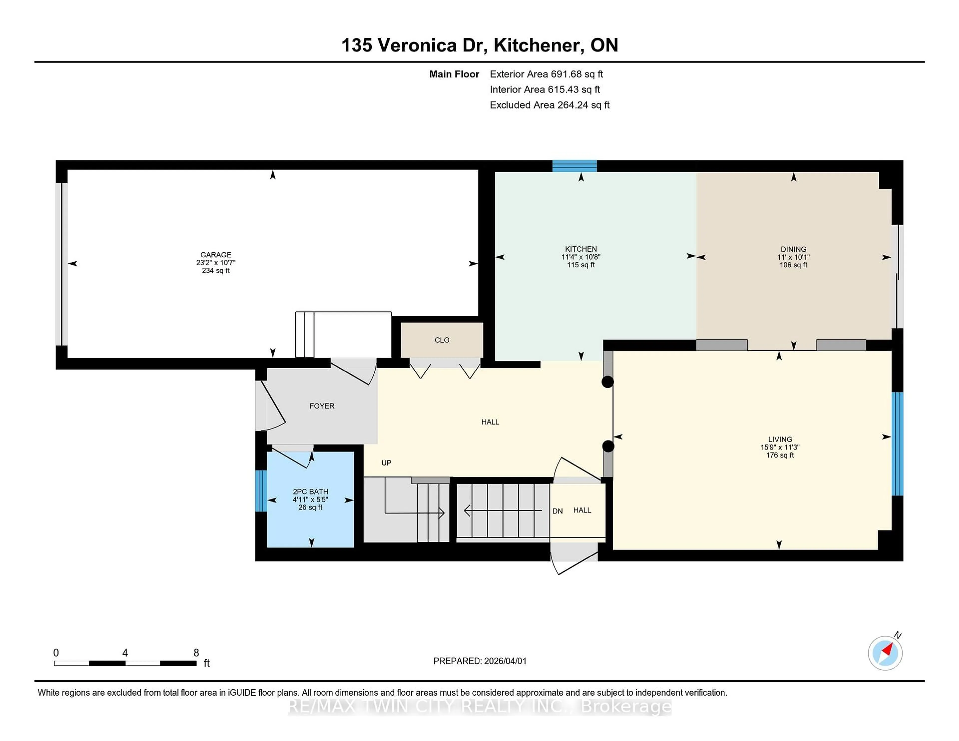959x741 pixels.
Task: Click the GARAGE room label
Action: pyautogui.click(x=216, y=255)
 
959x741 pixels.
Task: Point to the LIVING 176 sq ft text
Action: pyautogui.click(x=780, y=455)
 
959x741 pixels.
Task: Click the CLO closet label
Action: pyautogui.click(x=442, y=340)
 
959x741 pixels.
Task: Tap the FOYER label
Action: pyautogui.click(x=322, y=406)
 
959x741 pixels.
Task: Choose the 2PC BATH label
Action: pyautogui.click(x=310, y=492)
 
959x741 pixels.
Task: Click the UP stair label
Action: pyautogui.click(x=386, y=463)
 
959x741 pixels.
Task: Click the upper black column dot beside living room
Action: pyautogui.click(x=607, y=382)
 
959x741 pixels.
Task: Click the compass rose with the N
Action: pyautogui.click(x=885, y=653)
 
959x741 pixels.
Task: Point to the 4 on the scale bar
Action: pyautogui.click(x=125, y=653)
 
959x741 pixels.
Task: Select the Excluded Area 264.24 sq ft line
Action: pyautogui.click(x=549, y=105)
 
